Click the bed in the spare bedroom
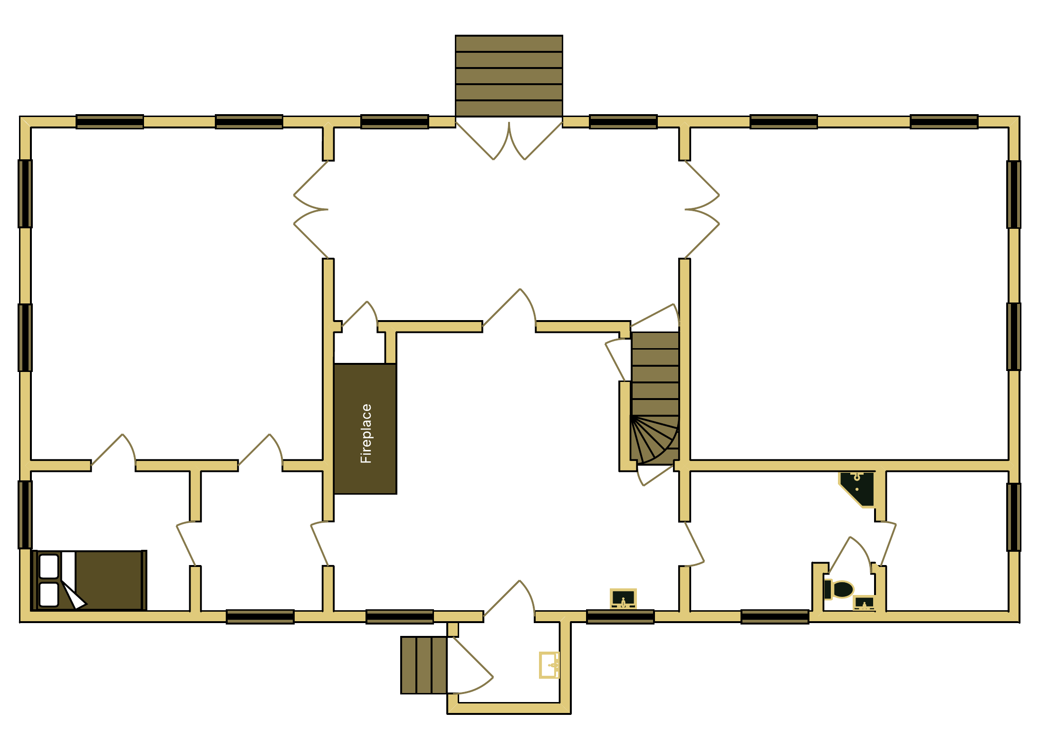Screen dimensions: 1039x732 [90, 580]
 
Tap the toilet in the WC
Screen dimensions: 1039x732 [840, 589]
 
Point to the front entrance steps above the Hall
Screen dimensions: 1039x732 [509, 76]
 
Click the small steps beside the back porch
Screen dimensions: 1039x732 [423, 665]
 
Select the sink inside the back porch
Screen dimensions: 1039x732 [550, 664]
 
